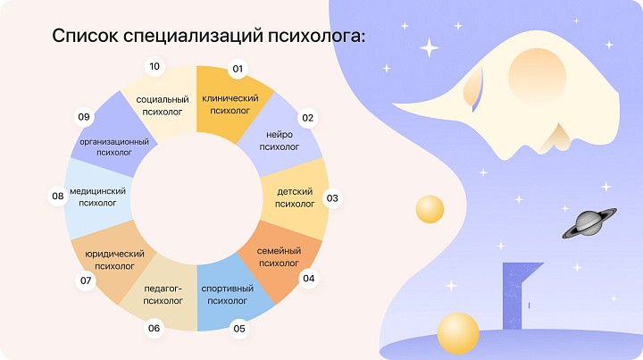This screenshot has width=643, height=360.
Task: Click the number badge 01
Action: point(238,69)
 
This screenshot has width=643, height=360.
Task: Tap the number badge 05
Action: point(239,329)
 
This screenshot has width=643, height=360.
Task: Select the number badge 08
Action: point(58,196)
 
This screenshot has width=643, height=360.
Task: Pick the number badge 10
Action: point(154,66)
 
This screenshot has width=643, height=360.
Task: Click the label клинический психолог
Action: point(230,105)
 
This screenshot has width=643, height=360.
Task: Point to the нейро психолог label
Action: point(280,140)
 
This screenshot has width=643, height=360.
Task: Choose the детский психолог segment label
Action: point(295,197)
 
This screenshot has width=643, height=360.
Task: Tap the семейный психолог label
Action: point(279,256)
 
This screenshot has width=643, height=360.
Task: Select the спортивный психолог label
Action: point(227,295)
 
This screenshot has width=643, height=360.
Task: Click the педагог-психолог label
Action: point(163,295)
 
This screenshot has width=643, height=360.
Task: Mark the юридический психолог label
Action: point(115,260)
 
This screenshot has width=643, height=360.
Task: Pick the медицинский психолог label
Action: point(97,197)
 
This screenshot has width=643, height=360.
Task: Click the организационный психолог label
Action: point(114,147)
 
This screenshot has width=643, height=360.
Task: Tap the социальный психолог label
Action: point(163,105)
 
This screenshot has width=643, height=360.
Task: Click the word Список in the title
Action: point(85,36)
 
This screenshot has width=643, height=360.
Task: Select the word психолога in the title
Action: point(316,37)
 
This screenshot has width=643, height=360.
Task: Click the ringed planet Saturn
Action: point(589,223)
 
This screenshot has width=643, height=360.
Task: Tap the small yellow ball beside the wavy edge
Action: point(430,209)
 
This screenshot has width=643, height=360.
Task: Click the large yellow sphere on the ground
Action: point(458,333)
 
